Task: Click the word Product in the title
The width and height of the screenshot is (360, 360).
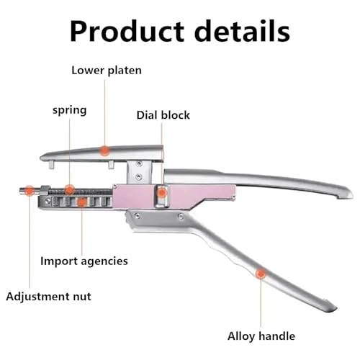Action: [x=127, y=32]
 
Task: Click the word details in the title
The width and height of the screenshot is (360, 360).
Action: [x=242, y=31]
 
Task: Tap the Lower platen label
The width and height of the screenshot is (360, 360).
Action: [x=107, y=71]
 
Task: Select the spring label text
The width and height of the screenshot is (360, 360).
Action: [x=70, y=110]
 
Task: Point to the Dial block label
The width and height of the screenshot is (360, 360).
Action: [x=163, y=115]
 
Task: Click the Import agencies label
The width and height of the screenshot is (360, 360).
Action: [x=84, y=261]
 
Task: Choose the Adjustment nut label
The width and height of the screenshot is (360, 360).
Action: [x=48, y=297]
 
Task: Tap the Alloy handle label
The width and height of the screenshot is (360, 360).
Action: [x=261, y=336]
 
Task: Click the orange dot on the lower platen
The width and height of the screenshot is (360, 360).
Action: [x=104, y=150]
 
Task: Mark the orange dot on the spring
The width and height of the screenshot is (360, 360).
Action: [x=69, y=190]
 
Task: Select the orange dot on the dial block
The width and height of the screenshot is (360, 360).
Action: [x=162, y=192]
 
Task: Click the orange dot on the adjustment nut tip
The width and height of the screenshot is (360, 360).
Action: [x=30, y=191]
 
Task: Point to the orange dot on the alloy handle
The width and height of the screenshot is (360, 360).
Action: [x=261, y=274]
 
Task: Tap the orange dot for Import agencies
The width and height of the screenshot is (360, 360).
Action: [x=81, y=202]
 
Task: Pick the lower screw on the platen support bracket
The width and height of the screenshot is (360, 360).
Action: [x=138, y=177]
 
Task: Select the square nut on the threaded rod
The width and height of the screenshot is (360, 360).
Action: [x=45, y=190]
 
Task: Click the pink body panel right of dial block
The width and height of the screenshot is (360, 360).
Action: [x=202, y=194]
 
